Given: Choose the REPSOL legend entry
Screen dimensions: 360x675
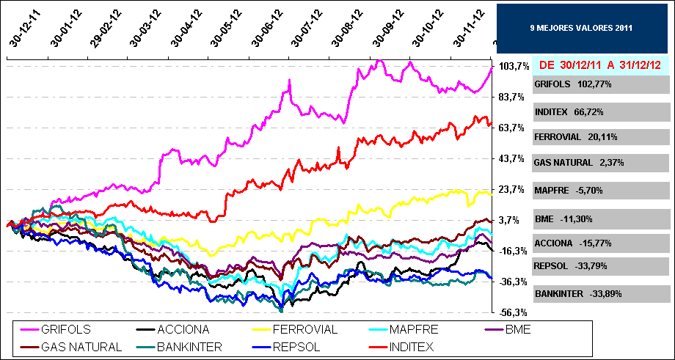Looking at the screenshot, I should coord(293,346).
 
